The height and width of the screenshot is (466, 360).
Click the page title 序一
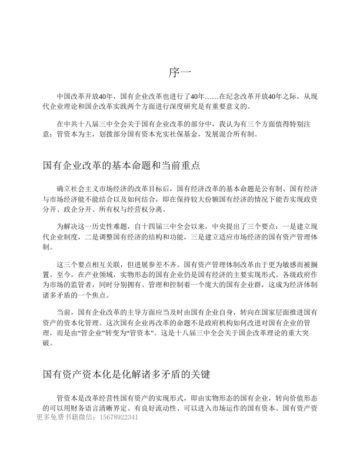tap(181, 72)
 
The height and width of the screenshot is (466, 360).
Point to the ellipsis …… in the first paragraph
tap(211, 96)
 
